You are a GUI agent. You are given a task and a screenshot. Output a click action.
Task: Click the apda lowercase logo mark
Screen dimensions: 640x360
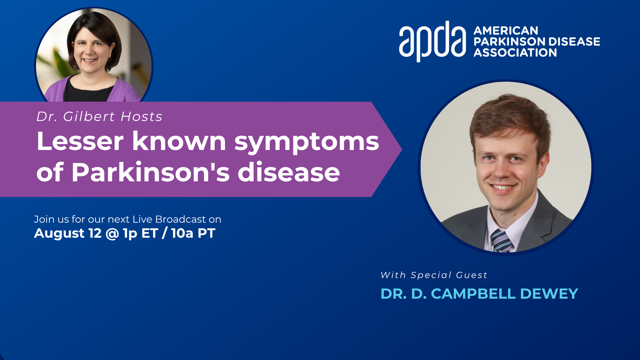432,41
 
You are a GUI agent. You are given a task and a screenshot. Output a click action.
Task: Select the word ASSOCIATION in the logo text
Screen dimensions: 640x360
515,53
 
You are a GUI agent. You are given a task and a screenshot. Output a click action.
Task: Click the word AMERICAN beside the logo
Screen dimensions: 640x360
506,31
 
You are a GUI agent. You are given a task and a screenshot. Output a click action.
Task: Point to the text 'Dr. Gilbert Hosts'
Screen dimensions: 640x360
99,117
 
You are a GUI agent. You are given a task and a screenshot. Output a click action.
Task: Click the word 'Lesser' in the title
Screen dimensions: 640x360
80,141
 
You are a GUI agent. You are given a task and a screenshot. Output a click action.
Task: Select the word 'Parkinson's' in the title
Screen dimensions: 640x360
151,172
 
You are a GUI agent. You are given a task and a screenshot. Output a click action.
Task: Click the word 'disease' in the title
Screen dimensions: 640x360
289,172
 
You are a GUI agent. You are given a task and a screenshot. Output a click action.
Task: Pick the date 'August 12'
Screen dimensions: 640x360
68,233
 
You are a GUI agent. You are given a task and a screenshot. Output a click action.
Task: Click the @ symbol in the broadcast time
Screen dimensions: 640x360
112,233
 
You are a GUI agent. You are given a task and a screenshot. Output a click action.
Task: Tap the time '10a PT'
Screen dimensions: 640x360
193,233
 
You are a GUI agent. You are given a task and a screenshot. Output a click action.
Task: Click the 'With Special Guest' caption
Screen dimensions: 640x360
434,275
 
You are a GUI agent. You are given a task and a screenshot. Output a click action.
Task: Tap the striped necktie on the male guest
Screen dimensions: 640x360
501,241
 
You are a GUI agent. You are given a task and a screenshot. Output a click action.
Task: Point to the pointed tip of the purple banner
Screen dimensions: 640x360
402,149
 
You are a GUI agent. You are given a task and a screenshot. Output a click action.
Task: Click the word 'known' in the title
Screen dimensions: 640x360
179,141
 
